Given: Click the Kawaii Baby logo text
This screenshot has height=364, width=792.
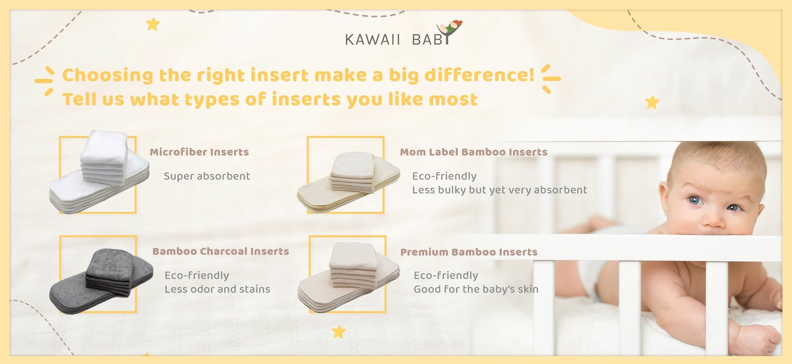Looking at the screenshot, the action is [x=397, y=39].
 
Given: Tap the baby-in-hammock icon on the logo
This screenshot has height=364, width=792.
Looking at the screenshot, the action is [x=449, y=30].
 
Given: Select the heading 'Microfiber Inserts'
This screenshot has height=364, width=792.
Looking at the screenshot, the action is [x=199, y=152].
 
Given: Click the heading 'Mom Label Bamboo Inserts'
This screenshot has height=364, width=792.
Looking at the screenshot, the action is [x=473, y=152].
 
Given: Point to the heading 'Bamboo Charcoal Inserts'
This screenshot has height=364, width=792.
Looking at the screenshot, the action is [x=221, y=251].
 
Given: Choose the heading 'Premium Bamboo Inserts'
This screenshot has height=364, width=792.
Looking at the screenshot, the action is [x=469, y=252].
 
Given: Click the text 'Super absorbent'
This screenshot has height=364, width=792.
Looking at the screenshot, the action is [x=207, y=176].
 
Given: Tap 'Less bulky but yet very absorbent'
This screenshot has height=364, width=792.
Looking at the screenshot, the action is [x=499, y=190].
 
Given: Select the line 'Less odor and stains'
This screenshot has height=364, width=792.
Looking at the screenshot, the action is [x=217, y=289].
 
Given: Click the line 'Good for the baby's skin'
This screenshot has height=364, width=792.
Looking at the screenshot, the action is [x=476, y=289].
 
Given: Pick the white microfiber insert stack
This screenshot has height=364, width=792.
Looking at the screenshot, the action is [x=99, y=172].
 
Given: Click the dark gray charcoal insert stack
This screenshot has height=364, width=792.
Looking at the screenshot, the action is [x=101, y=281].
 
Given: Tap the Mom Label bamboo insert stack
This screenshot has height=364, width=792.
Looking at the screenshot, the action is [x=348, y=182].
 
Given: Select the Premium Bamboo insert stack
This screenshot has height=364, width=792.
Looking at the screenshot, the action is [x=348, y=277].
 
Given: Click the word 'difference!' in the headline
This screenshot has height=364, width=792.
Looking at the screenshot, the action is [x=480, y=75].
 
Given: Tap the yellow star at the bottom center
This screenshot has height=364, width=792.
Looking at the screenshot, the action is [x=339, y=332].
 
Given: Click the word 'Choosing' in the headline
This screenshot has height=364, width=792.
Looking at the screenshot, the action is [x=108, y=75].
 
